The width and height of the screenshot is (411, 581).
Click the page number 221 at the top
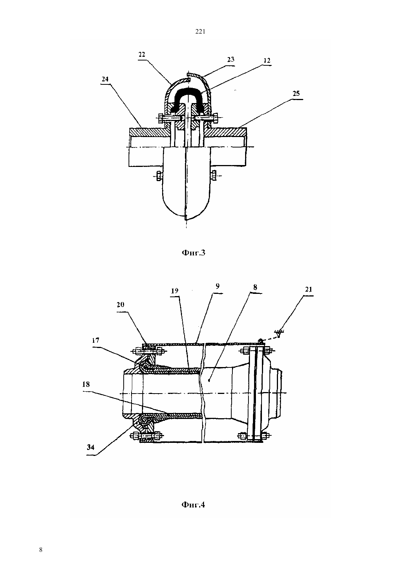pos(200,31)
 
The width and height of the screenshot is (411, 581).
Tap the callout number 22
pos(142,55)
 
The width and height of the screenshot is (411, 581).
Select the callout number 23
pos(231,60)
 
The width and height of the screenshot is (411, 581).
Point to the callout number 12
pos(267,60)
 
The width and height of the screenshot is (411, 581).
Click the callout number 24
pos(105,79)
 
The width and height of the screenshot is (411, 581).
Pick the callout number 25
pos(296,93)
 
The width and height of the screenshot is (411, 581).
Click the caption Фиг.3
pos(193,252)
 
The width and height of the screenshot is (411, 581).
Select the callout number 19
pos(174,291)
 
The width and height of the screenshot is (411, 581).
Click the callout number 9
pos(217,286)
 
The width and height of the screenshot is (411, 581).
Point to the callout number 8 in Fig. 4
pos(255,287)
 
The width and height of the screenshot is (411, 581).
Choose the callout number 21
pos(309,289)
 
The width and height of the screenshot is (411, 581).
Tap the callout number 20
pos(120,305)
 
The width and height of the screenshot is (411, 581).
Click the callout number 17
pos(96,340)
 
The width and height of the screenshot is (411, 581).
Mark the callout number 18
pos(86,384)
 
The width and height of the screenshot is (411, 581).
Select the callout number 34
pos(90,447)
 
